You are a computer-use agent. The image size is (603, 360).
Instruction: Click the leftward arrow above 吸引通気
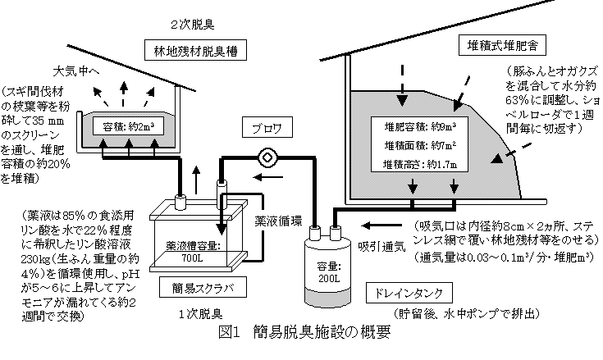point(379,224)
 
